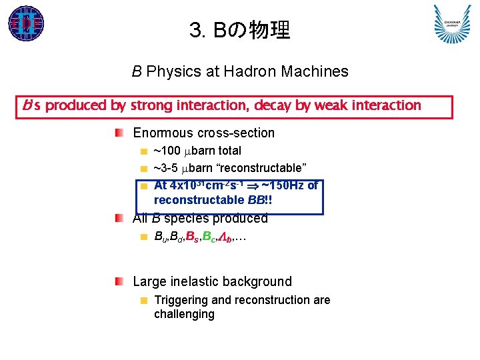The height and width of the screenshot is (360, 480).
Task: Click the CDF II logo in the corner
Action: click(x=26, y=23)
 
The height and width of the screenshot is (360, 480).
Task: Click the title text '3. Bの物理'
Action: click(x=239, y=30)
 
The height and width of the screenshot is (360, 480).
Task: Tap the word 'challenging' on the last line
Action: click(x=184, y=314)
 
